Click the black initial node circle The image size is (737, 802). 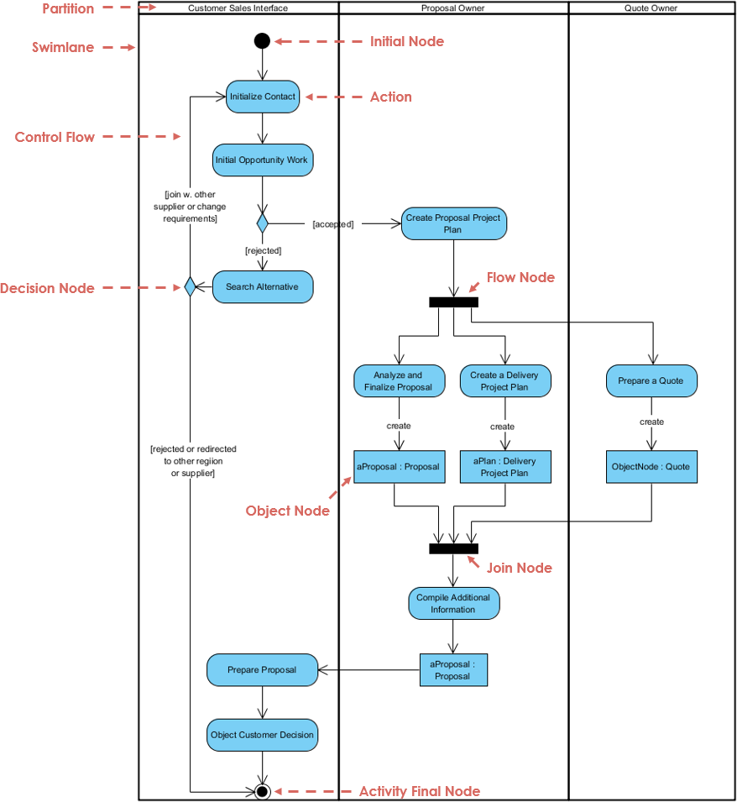click(x=262, y=40)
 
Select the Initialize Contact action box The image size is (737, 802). click(x=263, y=97)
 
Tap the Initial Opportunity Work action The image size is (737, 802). click(x=262, y=160)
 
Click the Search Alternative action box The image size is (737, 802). click(x=262, y=287)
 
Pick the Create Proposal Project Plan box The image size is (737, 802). click(x=453, y=223)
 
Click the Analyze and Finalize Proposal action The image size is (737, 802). click(x=399, y=381)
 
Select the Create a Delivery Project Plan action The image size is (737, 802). click(x=505, y=381)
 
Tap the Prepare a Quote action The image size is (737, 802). click(x=651, y=381)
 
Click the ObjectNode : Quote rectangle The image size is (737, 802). click(x=651, y=467)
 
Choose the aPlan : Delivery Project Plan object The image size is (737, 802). click(x=505, y=467)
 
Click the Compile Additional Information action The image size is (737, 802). click(x=453, y=604)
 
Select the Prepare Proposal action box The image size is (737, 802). click(x=263, y=670)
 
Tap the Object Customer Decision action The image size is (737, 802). click(x=263, y=735)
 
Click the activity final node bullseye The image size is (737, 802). click(x=262, y=791)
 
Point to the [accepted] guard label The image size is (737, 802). click(x=333, y=224)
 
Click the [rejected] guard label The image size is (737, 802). click(x=263, y=250)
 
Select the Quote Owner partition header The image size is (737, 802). click(x=651, y=8)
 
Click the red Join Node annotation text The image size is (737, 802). click(x=520, y=568)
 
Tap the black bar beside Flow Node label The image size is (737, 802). click(x=453, y=302)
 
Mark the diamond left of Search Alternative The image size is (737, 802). click(x=190, y=287)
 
